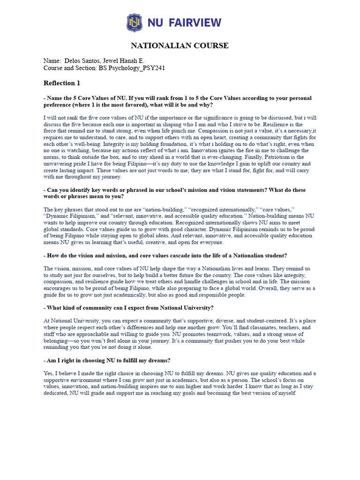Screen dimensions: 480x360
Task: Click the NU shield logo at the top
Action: click(x=134, y=22)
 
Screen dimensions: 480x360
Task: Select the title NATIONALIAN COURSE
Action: click(x=180, y=45)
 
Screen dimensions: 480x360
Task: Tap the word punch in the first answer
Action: click(x=153, y=131)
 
